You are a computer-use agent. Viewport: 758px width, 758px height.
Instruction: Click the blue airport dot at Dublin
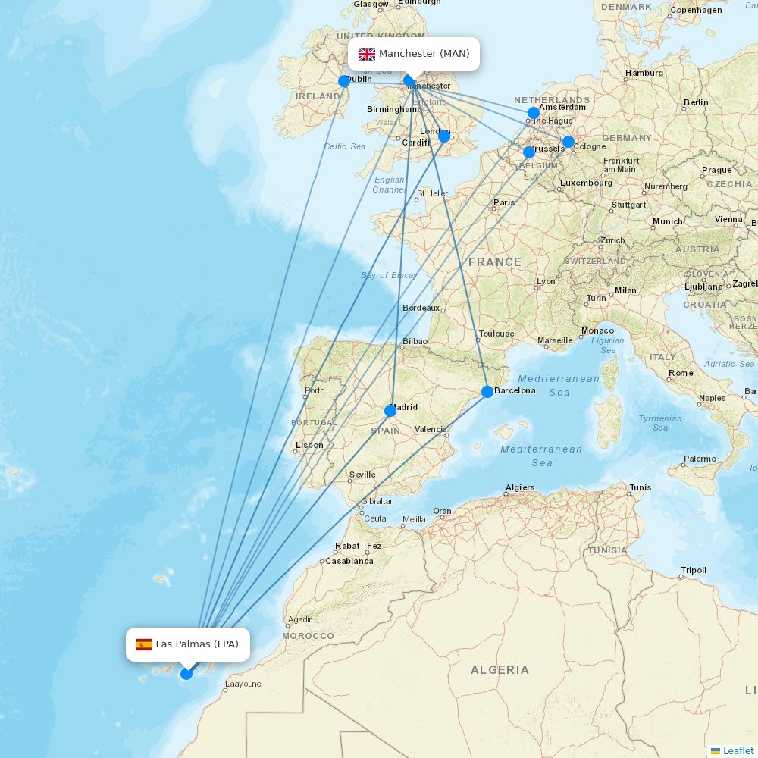coord(344,81)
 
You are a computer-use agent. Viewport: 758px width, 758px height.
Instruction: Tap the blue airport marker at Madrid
coord(390,411)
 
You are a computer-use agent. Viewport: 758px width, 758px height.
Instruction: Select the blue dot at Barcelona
coord(487,392)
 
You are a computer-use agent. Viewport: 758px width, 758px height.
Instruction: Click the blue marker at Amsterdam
coord(534,113)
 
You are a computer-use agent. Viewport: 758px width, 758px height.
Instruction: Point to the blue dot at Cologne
coord(568,142)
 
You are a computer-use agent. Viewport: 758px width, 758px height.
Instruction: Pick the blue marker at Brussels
coord(529,152)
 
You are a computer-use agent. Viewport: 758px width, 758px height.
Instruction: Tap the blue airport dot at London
coord(444,136)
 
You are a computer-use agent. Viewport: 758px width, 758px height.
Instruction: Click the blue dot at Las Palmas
coord(186,673)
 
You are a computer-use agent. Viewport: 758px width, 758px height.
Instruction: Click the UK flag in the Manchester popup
coord(367,54)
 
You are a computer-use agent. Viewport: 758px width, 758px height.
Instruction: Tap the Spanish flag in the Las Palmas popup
coord(144,644)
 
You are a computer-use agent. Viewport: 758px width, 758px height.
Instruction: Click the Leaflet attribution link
coord(738,750)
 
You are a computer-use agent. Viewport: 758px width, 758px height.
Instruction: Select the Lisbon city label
coord(309,445)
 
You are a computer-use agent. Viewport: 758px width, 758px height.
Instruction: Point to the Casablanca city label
coord(349,561)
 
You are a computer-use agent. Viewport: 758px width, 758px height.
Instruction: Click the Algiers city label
coord(520,487)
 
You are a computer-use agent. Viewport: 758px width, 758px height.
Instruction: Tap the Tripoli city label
coord(694,570)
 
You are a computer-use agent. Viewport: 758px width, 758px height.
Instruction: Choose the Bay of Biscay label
coord(389,275)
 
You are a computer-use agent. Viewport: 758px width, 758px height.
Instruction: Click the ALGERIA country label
coord(500,669)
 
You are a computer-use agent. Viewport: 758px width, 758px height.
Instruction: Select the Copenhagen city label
coord(696,10)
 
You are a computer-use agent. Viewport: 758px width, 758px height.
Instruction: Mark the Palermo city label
coord(700,459)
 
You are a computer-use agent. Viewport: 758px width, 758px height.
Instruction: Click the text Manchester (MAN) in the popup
coord(424,54)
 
